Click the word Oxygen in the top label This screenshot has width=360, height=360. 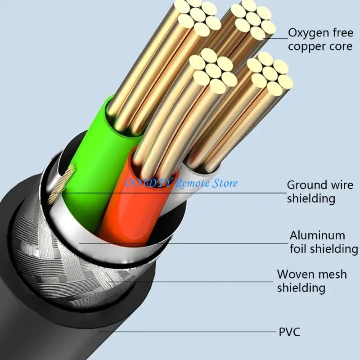pyautogui.click(x=308, y=33)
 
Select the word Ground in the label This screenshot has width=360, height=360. pyautogui.click(x=306, y=185)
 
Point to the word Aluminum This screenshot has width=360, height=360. pyautogui.click(x=317, y=235)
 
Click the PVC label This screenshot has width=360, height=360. pyautogui.click(x=289, y=332)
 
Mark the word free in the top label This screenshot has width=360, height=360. pyautogui.click(x=342, y=32)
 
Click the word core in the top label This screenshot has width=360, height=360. pyautogui.click(x=341, y=47)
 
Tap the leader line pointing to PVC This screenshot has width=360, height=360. pyautogui.click(x=187, y=332)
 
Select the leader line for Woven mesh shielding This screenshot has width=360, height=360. pyautogui.click(x=190, y=282)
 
